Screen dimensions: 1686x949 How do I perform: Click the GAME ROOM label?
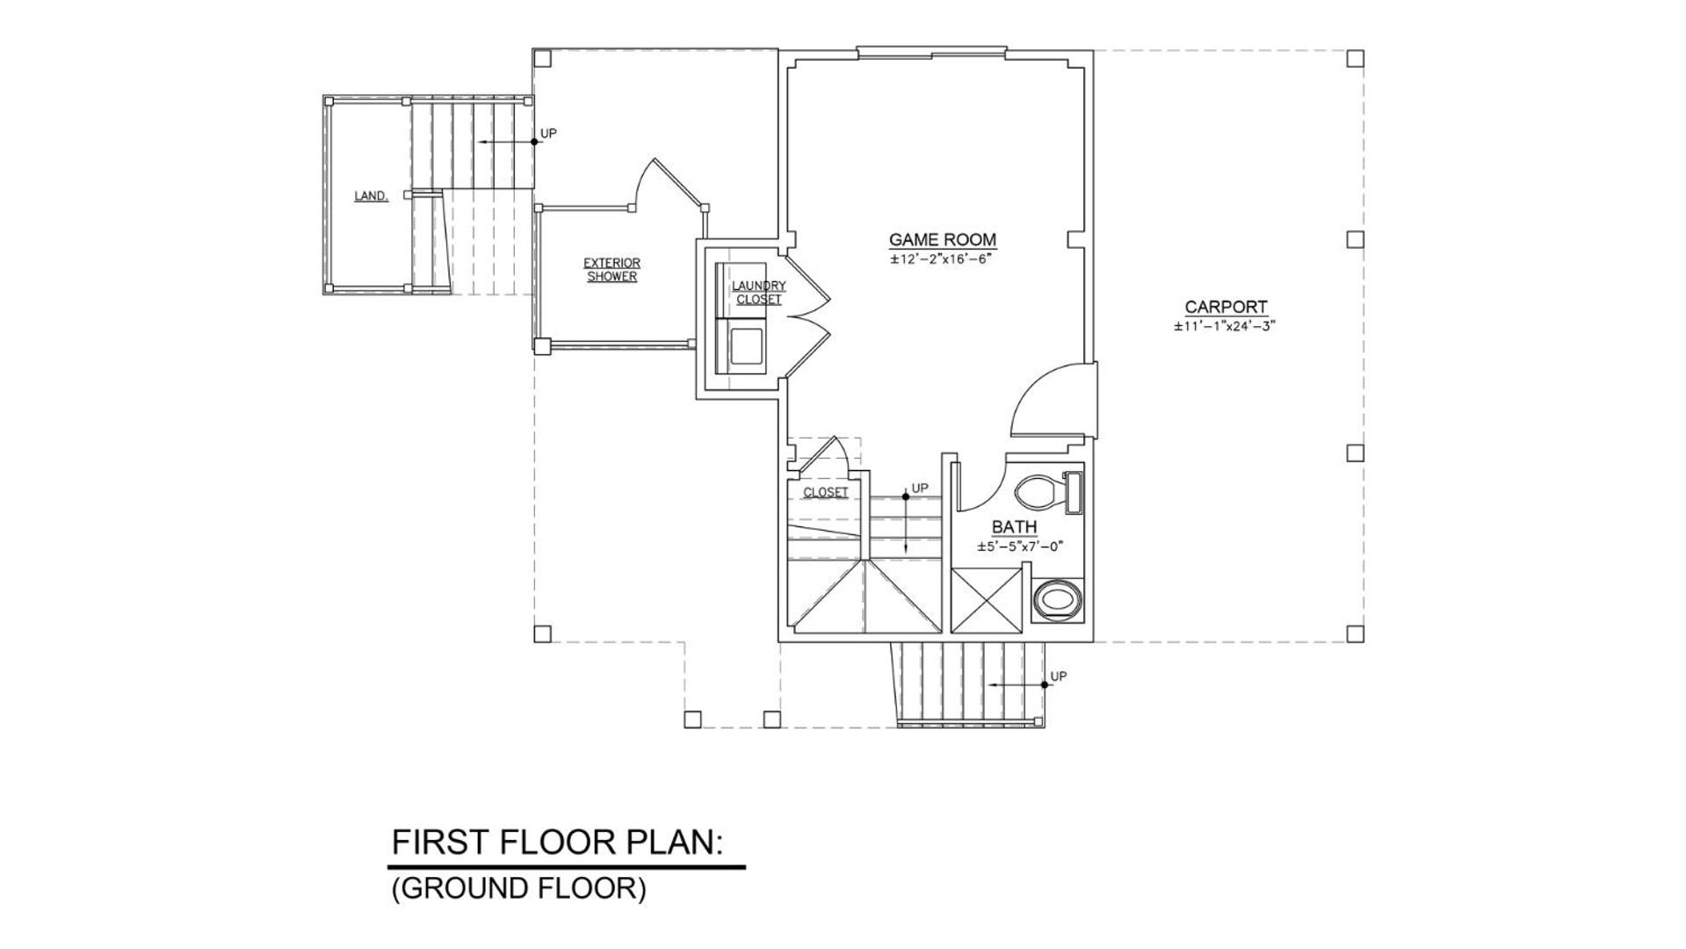[x=943, y=239]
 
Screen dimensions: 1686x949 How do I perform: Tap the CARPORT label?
[x=1226, y=307]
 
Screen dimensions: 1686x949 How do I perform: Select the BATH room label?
[x=1014, y=527]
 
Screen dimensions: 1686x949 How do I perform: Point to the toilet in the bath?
[x=1049, y=492]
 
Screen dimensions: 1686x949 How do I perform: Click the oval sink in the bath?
[x=1057, y=602]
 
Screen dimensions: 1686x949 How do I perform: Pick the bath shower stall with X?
[x=987, y=600]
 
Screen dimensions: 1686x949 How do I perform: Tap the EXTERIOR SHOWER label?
[x=612, y=270]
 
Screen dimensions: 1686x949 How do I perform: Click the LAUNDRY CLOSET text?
[x=759, y=293]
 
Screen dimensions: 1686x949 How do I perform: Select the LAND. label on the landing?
[x=372, y=196]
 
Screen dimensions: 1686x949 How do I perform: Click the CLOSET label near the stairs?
[x=826, y=492]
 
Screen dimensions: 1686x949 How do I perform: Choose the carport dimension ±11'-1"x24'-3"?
[x=1224, y=326]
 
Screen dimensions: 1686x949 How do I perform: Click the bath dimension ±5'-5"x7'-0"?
[x=1020, y=547]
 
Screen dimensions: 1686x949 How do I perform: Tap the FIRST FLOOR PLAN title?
[x=557, y=842]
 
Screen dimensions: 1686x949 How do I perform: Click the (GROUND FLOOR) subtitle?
[x=518, y=888]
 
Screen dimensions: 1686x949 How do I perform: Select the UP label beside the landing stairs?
[x=548, y=134]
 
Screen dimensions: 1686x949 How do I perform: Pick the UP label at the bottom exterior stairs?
[x=1059, y=677]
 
